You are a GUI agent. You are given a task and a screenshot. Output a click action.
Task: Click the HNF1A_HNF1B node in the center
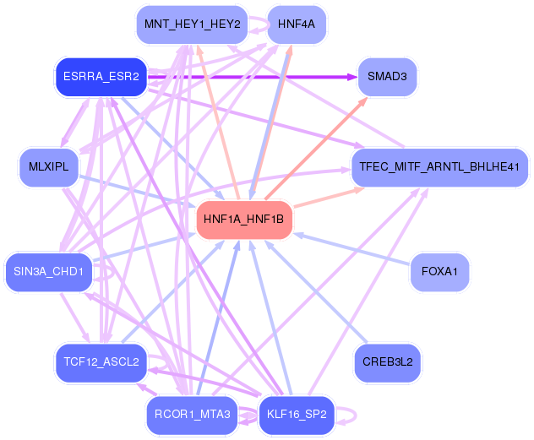[x=244, y=220]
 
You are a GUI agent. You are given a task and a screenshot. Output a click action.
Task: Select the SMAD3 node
[x=387, y=77]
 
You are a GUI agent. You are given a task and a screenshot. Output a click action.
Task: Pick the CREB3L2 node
[x=387, y=363]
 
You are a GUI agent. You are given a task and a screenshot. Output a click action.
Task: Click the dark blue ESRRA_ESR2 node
[x=101, y=77]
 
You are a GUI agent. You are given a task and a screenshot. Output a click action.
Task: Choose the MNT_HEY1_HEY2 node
[x=192, y=24]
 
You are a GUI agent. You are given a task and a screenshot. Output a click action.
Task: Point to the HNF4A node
[x=296, y=24]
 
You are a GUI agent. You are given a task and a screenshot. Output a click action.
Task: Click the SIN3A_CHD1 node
[x=48, y=272]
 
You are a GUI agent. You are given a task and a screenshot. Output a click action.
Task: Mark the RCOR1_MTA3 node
[x=192, y=415]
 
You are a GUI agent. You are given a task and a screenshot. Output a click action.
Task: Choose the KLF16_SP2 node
[x=296, y=415]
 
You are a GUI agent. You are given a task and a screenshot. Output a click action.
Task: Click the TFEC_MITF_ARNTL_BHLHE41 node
[x=439, y=166]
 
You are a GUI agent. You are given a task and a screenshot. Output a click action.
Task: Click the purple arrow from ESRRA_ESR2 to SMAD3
[x=253, y=77]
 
